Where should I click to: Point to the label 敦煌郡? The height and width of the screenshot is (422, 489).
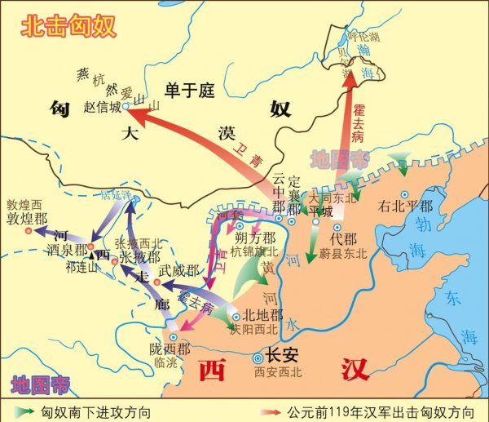click(x=27, y=218)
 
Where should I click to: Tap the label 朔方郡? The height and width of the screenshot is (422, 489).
click(x=253, y=238)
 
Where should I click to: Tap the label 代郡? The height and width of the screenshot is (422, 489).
click(x=344, y=239)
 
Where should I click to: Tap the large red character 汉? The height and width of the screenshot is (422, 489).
click(x=351, y=369)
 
